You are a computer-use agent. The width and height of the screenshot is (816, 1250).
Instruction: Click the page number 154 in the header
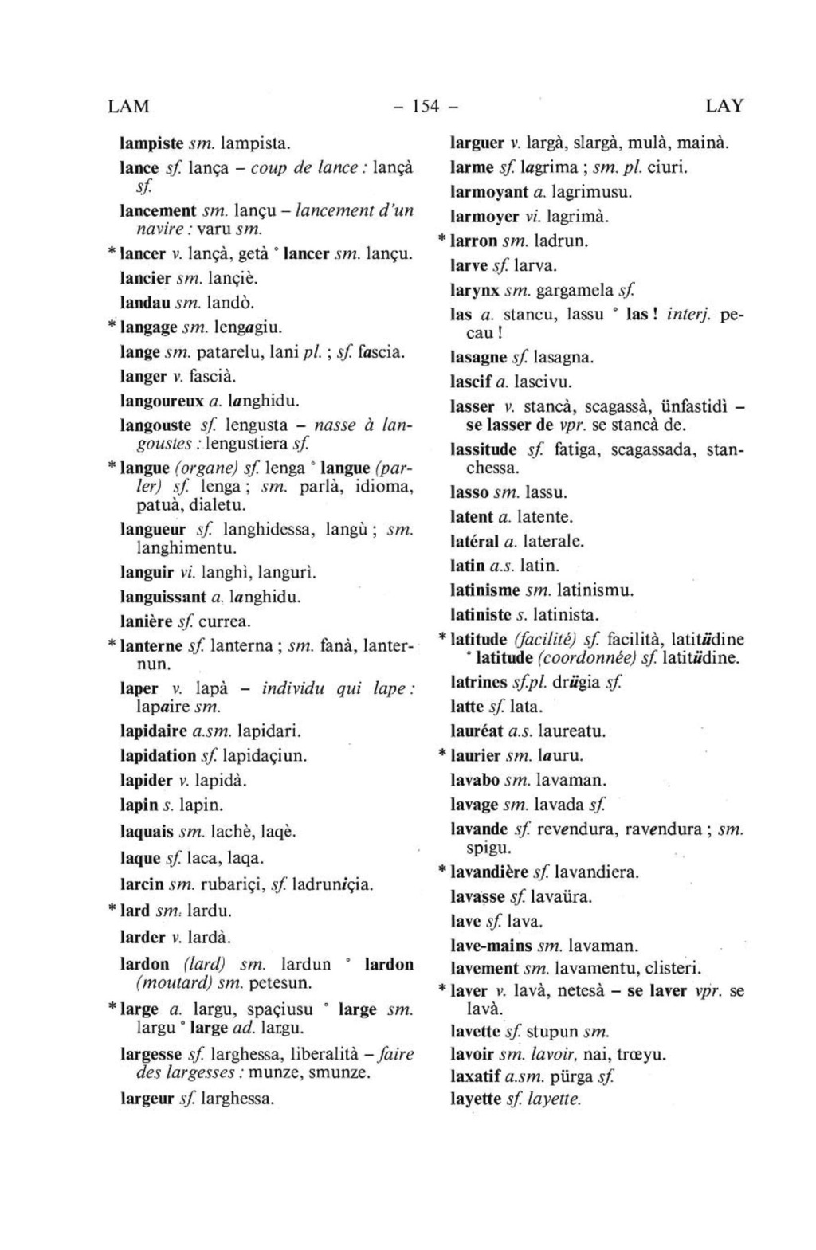pyautogui.click(x=426, y=106)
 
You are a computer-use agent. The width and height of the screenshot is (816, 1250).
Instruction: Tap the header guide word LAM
pyautogui.click(x=128, y=106)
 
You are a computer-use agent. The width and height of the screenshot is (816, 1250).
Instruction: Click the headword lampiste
pyautogui.click(x=151, y=144)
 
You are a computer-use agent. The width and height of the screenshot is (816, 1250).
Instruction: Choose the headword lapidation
pyautogui.click(x=158, y=755)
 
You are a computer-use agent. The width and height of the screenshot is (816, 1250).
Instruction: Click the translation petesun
pyautogui.click(x=280, y=984)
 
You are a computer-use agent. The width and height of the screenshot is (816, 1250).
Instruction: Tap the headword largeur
pyautogui.click(x=147, y=1099)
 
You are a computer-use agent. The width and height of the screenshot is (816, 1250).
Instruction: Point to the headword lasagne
pyautogui.click(x=477, y=358)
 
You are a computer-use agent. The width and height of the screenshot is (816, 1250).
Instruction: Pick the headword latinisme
pyautogui.click(x=485, y=590)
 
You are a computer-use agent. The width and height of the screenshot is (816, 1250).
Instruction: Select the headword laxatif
pyautogui.click(x=476, y=1077)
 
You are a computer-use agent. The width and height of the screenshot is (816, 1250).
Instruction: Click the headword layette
pyautogui.click(x=476, y=1099)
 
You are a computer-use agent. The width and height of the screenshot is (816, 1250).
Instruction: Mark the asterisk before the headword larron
pyautogui.click(x=443, y=239)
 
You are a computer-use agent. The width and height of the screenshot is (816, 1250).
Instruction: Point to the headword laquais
pyautogui.click(x=147, y=832)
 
